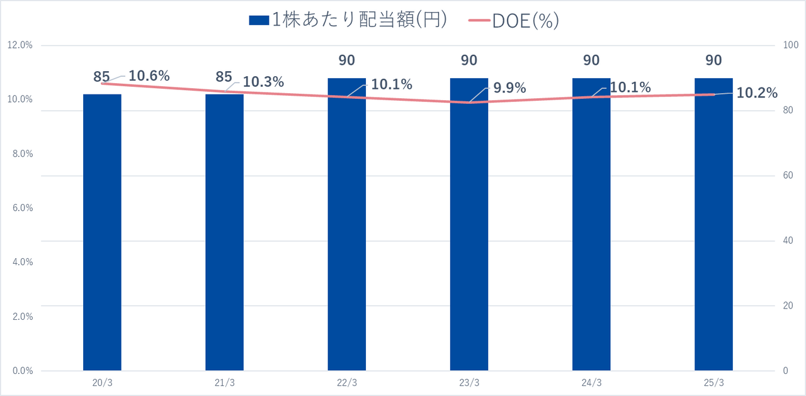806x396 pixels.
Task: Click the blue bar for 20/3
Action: [x=102, y=232]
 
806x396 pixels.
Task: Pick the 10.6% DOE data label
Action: [x=149, y=76]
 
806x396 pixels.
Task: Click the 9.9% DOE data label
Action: [x=509, y=88]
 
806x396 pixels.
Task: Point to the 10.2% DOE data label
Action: [x=757, y=93]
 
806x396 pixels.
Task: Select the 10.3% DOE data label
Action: [x=263, y=82]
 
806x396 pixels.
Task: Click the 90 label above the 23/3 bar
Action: [x=468, y=60]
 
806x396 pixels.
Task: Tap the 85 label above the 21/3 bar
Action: [x=224, y=77]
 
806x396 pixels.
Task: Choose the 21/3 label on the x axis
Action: [x=224, y=383]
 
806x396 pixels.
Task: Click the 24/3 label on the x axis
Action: [x=591, y=383]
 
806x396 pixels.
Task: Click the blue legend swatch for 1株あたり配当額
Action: [x=259, y=21]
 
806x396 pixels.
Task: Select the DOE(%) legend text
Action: [x=526, y=21]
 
